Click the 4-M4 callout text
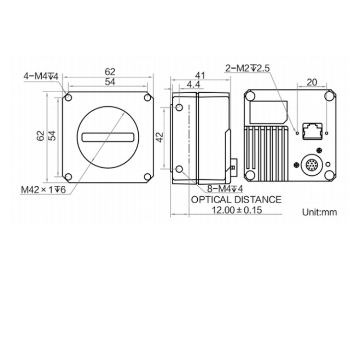click(41, 76)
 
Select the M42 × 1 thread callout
click(43, 190)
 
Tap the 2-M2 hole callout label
click(248, 68)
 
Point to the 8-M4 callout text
click(225, 189)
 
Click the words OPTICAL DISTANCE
click(236, 200)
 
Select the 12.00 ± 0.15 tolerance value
click(237, 210)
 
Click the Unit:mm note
click(319, 212)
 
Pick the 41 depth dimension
click(200, 75)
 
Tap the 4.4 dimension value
click(193, 84)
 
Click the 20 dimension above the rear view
click(312, 82)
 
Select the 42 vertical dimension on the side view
click(159, 137)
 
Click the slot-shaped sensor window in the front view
click(108, 137)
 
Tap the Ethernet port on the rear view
click(312, 131)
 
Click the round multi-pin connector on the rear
click(312, 165)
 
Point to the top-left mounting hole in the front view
click(68, 98)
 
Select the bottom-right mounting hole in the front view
click(147, 177)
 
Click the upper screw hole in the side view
click(179, 107)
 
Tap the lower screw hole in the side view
click(179, 169)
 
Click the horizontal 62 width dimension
click(110, 72)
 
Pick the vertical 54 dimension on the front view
click(52, 136)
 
